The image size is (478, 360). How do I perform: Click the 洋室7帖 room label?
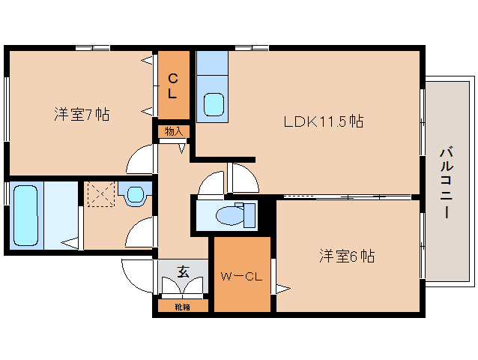pos(82,115)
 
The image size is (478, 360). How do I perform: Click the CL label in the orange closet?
pos(172,85)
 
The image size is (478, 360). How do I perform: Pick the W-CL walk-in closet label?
pos(240,276)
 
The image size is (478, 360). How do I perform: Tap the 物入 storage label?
pos(174,131)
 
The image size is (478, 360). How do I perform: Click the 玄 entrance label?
pos(182,271)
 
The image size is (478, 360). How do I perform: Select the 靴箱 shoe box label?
pos(183,306)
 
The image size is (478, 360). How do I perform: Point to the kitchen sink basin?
pos(214,103)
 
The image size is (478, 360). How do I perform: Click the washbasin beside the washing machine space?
pos(136,195)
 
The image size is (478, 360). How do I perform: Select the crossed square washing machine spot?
pos(98,194)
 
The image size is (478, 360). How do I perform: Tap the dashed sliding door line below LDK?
pos(345,197)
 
